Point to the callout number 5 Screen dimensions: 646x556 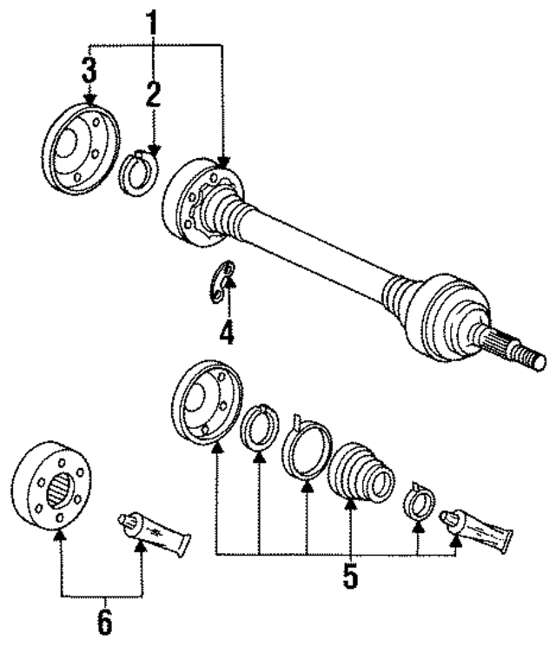pos(350,577)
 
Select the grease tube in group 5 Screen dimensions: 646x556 pos(477,531)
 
